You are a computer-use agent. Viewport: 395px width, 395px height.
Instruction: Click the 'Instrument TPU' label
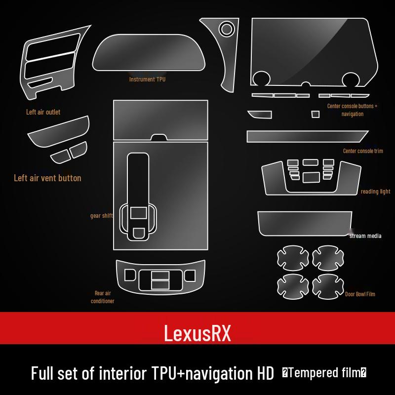[147, 79]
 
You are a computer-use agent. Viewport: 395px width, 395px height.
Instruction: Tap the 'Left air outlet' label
[43, 112]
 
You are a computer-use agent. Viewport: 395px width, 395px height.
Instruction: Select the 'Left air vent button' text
[47, 178]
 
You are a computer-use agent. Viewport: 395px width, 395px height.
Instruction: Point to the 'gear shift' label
[101, 216]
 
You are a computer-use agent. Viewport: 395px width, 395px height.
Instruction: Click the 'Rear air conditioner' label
[103, 297]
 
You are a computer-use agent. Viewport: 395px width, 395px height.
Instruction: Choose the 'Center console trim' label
[363, 151]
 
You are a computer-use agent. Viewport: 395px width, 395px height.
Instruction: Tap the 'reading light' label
[375, 192]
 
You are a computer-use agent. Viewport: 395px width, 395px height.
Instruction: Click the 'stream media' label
[365, 236]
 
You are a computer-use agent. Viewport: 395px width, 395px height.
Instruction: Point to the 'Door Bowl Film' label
[360, 294]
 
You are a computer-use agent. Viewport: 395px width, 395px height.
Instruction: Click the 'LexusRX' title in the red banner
[197, 333]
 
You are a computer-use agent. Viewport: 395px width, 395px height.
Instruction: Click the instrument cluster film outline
[149, 52]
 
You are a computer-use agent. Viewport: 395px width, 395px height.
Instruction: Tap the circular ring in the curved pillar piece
[227, 29]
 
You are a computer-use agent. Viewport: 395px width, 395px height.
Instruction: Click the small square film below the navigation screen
[316, 114]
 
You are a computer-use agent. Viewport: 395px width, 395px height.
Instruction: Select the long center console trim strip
[308, 136]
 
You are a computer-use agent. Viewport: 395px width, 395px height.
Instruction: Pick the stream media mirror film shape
[305, 224]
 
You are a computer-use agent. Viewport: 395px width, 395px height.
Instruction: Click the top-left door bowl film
[293, 258]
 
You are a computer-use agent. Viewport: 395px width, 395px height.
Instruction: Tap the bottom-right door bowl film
[328, 287]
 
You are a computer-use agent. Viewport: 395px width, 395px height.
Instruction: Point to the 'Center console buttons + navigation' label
[352, 110]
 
